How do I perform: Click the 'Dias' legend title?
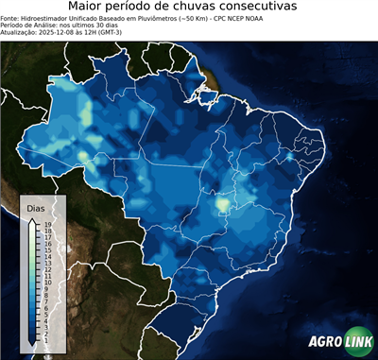(36, 207)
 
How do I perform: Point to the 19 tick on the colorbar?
(46, 224)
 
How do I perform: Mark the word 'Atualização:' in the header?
(19, 31)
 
